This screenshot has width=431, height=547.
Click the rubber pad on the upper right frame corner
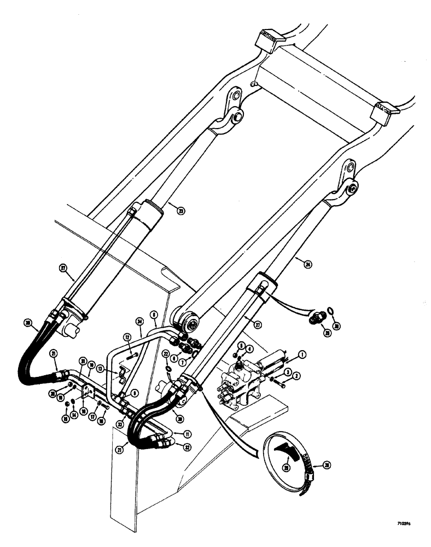click(385, 112)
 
